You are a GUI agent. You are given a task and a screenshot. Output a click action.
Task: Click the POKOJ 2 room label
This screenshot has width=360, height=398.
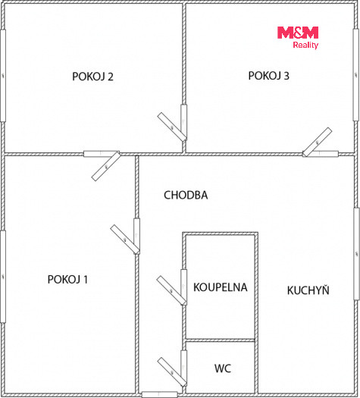[x=92, y=77]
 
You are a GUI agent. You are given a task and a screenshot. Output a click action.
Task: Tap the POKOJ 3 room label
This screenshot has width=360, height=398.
[x=268, y=76]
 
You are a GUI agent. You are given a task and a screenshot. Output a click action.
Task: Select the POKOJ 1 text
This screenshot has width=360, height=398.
[x=67, y=280]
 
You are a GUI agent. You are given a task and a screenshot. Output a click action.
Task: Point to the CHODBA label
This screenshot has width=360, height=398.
[x=186, y=195]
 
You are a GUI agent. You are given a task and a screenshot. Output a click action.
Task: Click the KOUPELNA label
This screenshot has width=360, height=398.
[x=221, y=287]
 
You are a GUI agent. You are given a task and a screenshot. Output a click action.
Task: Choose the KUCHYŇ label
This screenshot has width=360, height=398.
[x=308, y=290]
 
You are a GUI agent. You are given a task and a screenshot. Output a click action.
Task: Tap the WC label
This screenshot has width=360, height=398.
[x=223, y=368]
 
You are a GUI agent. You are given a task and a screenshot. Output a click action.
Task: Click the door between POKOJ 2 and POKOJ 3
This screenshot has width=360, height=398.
[x=174, y=123]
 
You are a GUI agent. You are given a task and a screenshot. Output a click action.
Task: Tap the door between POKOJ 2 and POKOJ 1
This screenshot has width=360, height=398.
[x=102, y=165]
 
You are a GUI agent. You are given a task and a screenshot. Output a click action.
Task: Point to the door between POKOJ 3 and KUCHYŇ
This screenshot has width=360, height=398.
[x=320, y=143]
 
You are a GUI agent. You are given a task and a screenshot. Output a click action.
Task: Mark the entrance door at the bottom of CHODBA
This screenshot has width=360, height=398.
[x=159, y=395]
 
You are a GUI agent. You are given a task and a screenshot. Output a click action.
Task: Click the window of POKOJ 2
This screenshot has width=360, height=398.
[x=3, y=76]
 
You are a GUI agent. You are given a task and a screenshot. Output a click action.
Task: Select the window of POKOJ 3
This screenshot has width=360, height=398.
[x=356, y=75]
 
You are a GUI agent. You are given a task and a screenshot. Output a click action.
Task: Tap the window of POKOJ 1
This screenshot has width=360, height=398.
[x=3, y=277]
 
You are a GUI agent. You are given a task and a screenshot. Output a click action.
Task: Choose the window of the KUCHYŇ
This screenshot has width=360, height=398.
[x=356, y=254]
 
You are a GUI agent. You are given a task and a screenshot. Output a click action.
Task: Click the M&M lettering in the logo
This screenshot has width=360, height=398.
[x=298, y=33]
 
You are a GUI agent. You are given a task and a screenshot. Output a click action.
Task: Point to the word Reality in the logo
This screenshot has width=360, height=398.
[x=305, y=45]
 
